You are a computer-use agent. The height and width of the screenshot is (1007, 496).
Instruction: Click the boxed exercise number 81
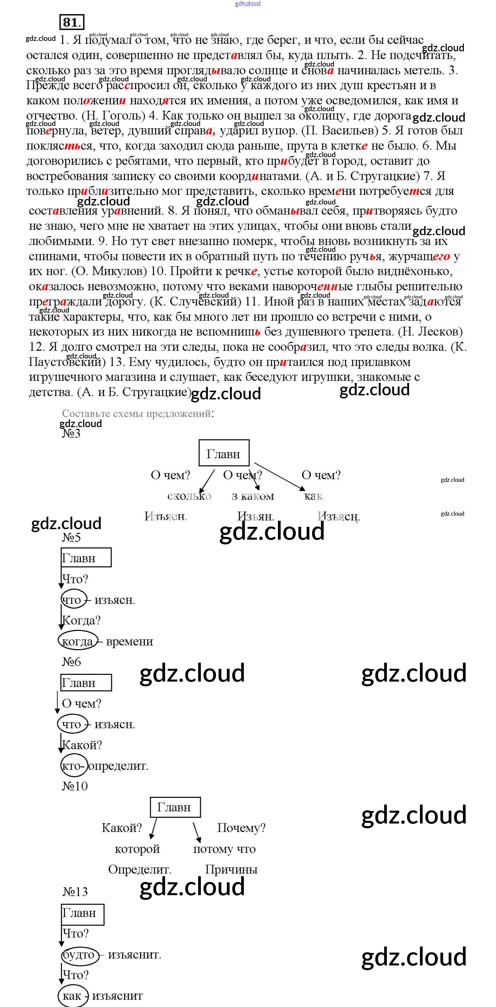pos(71,22)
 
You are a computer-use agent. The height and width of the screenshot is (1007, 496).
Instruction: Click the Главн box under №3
pos(223,453)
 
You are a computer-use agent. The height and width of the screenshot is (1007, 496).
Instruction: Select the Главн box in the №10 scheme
pos(175,807)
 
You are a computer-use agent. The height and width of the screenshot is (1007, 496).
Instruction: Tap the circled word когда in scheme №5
pos(77,641)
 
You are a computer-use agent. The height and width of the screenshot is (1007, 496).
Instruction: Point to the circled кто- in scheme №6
pos(73,765)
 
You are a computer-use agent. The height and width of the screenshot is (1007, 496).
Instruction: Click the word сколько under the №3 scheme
pos(189,496)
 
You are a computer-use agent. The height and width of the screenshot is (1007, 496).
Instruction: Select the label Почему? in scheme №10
pos(241,828)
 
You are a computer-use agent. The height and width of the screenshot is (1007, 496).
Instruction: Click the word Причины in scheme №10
pos(231,869)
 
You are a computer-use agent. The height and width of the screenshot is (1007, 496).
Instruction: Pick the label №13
pos(75,892)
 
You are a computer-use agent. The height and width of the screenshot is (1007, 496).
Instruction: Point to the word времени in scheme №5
pos(129,641)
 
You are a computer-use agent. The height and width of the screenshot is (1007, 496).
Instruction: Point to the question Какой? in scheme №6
pos(82,745)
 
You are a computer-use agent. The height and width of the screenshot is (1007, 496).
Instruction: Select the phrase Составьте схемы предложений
pos(137,413)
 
